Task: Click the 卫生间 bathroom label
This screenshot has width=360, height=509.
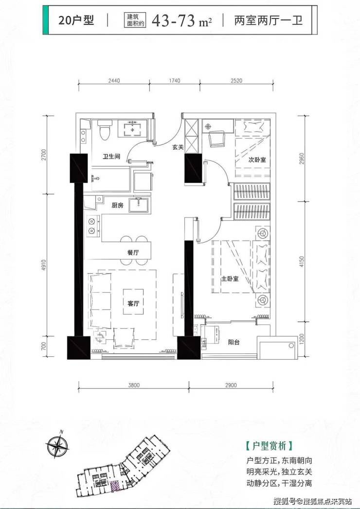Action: click(111, 157)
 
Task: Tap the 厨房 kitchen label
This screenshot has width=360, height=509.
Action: click(117, 205)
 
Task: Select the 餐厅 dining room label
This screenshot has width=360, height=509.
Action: click(133, 252)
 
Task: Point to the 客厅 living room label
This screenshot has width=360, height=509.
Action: click(133, 303)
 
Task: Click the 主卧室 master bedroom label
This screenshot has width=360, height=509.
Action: click(230, 279)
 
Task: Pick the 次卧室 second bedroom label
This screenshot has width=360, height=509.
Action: click(257, 160)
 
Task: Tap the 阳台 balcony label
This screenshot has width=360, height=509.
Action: click(234, 342)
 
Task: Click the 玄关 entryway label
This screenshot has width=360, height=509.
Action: click(178, 147)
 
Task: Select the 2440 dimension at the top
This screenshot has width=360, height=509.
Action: click(114, 81)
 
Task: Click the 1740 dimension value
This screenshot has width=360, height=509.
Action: click(175, 81)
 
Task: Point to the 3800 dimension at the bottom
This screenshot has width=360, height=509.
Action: click(133, 386)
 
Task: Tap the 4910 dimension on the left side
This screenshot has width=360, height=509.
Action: click(44, 266)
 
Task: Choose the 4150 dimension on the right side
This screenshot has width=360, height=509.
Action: click(302, 262)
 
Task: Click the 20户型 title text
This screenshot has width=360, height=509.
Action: click(76, 20)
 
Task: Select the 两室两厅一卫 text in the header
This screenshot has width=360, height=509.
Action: click(269, 20)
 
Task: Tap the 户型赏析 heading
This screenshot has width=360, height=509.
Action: click(270, 446)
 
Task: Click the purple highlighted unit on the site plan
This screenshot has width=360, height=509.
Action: click(115, 486)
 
